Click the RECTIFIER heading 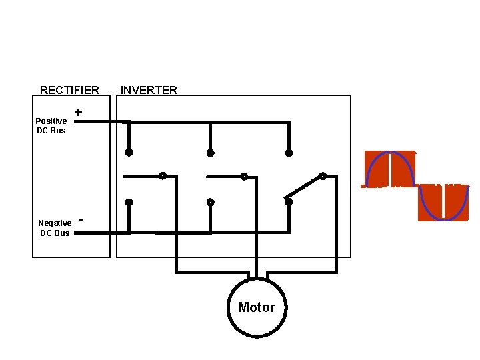(x=69, y=90)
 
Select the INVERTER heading (x=149, y=90)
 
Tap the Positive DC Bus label (x=51, y=125)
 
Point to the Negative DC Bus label (x=55, y=228)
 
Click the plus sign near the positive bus (x=79, y=113)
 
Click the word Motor (x=257, y=307)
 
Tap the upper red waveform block (x=390, y=169)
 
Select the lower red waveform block (x=443, y=203)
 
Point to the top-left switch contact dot (x=129, y=153)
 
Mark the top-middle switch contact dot (x=210, y=153)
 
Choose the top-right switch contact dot (x=289, y=153)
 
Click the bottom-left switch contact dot (x=129, y=202)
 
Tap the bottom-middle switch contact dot (x=210, y=202)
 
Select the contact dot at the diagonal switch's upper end (x=323, y=177)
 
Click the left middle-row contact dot (x=162, y=177)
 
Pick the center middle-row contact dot (x=244, y=177)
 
